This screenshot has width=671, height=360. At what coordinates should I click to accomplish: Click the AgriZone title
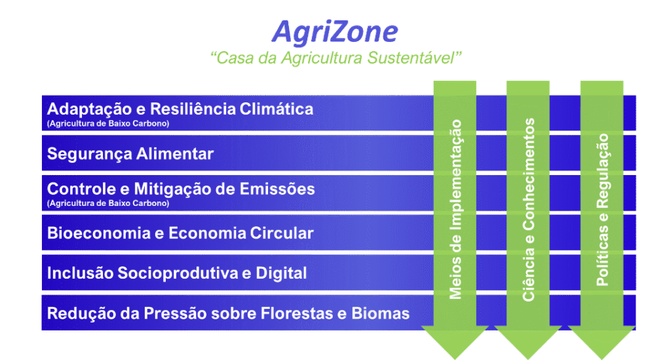tap(335, 33)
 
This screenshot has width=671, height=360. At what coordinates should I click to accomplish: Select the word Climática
tap(277, 109)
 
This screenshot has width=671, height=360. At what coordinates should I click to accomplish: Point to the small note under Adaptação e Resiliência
tap(108, 124)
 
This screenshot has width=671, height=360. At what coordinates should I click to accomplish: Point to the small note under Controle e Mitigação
tap(108, 203)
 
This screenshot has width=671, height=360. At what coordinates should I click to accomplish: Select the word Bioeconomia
tap(98, 233)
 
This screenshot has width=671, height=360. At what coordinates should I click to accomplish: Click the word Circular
tap(282, 233)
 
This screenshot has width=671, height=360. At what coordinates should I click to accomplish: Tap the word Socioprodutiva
tap(178, 273)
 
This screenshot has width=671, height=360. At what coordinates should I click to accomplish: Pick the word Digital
tap(281, 273)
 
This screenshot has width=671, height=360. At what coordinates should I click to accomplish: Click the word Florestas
tap(297, 313)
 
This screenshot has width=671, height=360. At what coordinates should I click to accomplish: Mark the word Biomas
tap(381, 313)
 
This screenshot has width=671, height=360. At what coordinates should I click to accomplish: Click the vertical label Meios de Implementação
tap(455, 209)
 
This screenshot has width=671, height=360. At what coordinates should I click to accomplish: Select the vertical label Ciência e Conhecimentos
tap(529, 210)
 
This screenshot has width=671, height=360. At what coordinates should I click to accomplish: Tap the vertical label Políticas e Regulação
tap(603, 210)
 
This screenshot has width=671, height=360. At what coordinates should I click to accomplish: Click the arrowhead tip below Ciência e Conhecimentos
tap(528, 359)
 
